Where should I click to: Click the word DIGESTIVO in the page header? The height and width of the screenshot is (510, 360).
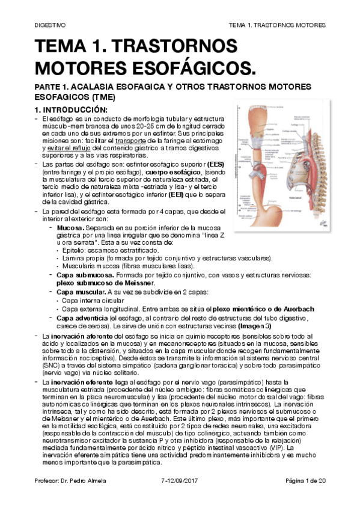(x=50, y=25)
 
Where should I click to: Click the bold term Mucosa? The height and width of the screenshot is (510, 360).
(x=71, y=229)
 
